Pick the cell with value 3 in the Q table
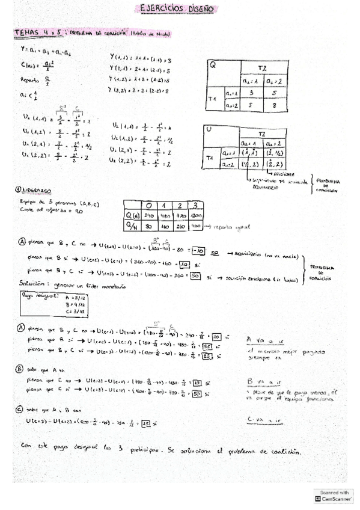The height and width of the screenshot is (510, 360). [x=253, y=93]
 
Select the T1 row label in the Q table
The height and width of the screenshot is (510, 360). [x=212, y=99]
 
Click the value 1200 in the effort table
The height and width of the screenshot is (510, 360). [x=198, y=215]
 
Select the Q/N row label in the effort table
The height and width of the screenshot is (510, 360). [x=130, y=226]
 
